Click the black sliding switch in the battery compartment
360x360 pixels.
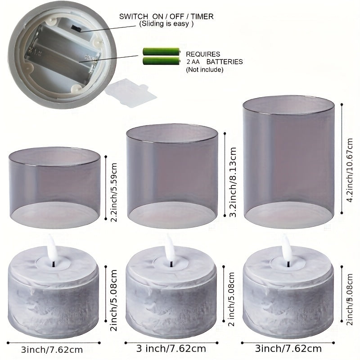tap(76, 29)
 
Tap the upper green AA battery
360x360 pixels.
tap(162, 51)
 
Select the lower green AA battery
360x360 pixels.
tap(162, 61)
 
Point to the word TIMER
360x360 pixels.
tap(202, 17)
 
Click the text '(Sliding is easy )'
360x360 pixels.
tap(166, 24)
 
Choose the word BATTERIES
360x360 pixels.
tap(225, 62)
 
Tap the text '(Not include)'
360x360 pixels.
tap(205, 69)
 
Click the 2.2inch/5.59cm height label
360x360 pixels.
tap(114, 192)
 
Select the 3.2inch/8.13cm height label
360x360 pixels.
tap(233, 182)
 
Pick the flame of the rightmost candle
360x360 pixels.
tap(287, 245)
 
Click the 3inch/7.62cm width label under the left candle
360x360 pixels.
tap(52, 350)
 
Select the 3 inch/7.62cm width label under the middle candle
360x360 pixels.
tap(171, 349)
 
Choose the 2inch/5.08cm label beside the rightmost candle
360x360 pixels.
tap(349, 299)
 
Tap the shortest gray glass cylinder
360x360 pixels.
tap(54, 188)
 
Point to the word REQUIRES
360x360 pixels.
tap(203, 54)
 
